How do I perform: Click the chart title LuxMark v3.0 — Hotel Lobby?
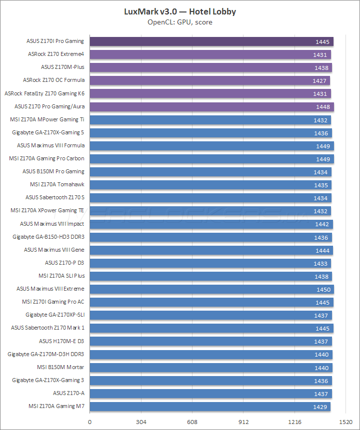click(180, 11)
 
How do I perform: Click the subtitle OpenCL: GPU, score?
click(180, 22)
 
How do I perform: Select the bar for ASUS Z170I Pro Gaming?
click(211, 41)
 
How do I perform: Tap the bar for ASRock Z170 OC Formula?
click(210, 80)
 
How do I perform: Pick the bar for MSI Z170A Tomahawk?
click(210, 185)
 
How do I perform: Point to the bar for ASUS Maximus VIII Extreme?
click(212, 289)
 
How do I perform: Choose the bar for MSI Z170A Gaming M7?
click(210, 407)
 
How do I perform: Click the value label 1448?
click(322, 107)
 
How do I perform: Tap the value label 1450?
click(322, 289)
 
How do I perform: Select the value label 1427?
click(319, 81)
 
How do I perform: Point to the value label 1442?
click(321, 224)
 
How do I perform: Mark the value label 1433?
click(320, 263)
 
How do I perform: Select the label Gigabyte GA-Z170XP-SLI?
click(55, 315)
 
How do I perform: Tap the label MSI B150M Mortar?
click(60, 367)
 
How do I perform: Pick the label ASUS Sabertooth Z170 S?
click(55, 197)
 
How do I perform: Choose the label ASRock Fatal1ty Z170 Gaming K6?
click(44, 93)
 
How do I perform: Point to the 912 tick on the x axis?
click(243, 422)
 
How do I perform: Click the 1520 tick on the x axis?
click(346, 422)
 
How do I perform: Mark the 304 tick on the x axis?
click(141, 422)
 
